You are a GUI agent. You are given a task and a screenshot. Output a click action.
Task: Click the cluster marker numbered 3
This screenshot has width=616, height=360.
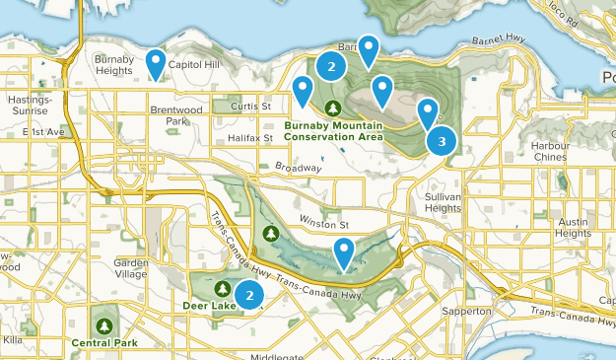(x=442, y=141)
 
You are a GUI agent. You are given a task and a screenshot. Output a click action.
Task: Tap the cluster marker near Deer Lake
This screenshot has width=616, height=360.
(x=250, y=294)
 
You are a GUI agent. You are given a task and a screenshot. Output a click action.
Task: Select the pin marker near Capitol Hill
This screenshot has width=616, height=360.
(x=156, y=64)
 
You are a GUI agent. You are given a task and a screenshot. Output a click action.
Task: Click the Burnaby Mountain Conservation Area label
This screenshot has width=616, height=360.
(x=334, y=131)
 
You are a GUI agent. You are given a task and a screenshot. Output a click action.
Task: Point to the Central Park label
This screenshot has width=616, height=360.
(x=103, y=343)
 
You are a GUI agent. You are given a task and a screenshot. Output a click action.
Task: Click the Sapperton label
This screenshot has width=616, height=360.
(x=466, y=312)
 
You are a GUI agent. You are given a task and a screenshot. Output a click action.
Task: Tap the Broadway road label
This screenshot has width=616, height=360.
(x=299, y=169)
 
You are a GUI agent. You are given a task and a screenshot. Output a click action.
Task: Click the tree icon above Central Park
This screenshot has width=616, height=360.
(x=103, y=324)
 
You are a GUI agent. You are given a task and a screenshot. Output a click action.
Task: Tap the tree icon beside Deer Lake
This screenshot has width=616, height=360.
(x=223, y=289)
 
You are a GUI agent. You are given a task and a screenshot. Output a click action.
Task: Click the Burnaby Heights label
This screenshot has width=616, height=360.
(x=112, y=65)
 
